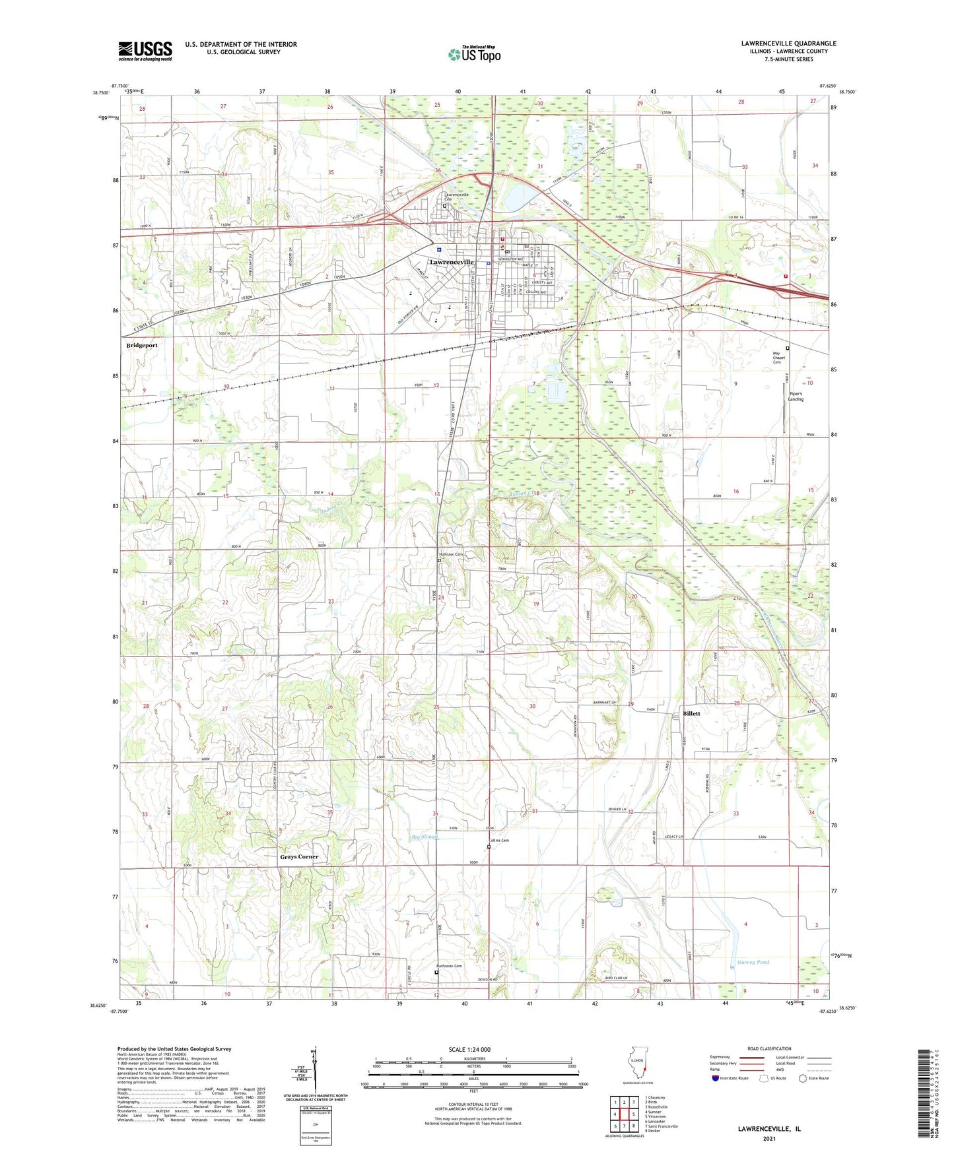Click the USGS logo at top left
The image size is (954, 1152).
[145, 51]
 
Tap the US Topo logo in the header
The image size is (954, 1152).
[474, 54]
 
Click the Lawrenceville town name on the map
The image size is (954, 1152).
[452, 262]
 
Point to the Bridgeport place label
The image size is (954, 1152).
[142, 345]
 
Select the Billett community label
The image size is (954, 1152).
[691, 714]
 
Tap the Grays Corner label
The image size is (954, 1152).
[299, 856]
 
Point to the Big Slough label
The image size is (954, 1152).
[425, 837]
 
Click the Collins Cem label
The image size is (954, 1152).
[499, 841]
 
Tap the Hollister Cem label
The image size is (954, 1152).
[451, 554]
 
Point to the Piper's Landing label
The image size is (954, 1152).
[796, 397]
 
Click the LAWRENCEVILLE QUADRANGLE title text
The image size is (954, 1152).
[788, 44]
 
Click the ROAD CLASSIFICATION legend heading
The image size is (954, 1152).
[769, 1048]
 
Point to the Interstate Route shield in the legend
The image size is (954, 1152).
[716, 1078]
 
